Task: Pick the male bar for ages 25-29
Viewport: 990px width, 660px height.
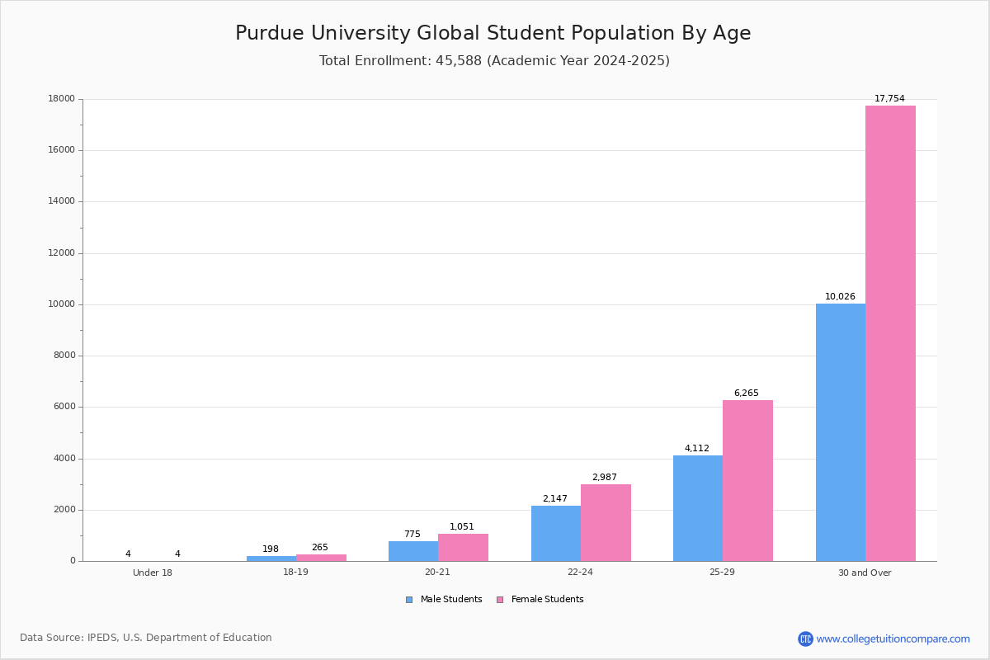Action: (x=698, y=508)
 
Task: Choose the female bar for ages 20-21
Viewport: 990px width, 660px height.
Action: (x=463, y=548)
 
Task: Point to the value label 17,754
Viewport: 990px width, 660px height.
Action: (x=889, y=99)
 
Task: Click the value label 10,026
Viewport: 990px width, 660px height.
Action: (x=840, y=297)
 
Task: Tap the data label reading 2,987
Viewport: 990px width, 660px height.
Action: (x=604, y=478)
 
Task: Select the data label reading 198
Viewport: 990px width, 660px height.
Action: (x=271, y=549)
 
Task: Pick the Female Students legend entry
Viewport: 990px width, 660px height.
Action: (x=540, y=600)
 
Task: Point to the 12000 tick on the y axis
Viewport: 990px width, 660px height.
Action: (x=62, y=253)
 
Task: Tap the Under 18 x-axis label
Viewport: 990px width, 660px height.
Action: (x=153, y=573)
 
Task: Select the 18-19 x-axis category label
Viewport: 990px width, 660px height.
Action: (x=295, y=573)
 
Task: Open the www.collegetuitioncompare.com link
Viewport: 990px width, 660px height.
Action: (x=893, y=639)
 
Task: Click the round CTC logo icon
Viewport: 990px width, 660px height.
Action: (x=805, y=639)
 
